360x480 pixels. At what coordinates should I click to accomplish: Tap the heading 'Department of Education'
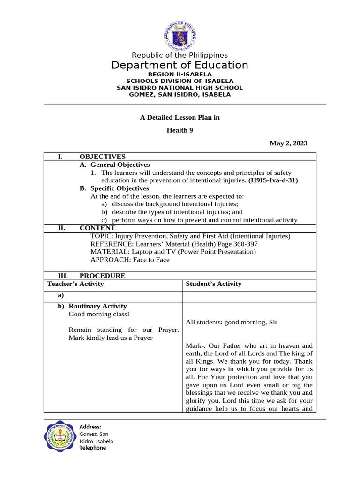click(x=180, y=65)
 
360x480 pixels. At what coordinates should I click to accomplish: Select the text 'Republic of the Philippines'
click(x=180, y=55)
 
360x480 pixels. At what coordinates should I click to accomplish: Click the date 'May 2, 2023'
click(x=288, y=143)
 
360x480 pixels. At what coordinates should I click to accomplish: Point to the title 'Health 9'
click(x=180, y=131)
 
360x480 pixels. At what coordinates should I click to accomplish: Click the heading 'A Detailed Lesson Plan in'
click(x=180, y=117)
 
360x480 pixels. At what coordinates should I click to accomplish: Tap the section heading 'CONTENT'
click(x=97, y=228)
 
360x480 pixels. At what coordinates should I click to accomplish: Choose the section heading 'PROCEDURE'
click(x=102, y=276)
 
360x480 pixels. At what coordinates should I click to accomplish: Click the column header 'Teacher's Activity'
click(x=75, y=284)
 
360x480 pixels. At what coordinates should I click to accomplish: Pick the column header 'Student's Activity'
click(x=213, y=284)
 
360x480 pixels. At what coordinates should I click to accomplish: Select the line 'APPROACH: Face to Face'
click(x=130, y=260)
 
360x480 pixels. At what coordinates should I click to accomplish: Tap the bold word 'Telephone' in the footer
click(x=92, y=448)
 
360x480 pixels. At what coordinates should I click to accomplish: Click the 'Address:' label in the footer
click(x=90, y=427)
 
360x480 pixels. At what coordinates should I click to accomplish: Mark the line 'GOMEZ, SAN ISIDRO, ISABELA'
click(x=180, y=94)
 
